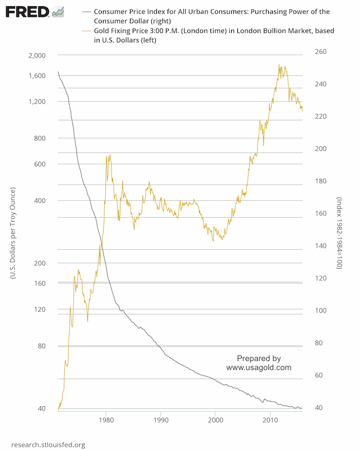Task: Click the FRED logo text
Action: pyautogui.click(x=25, y=12)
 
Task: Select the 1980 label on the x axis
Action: pyautogui.click(x=106, y=420)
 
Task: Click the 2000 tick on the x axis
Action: pyautogui.click(x=215, y=420)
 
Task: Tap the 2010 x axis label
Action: pyautogui.click(x=271, y=420)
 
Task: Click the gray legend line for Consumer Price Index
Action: pyautogui.click(x=85, y=11)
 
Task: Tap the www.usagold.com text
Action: pyautogui.click(x=259, y=367)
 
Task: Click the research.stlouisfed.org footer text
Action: pyautogui.click(x=48, y=445)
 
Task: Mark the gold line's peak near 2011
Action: pyautogui.click(x=280, y=65)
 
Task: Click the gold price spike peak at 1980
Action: pyautogui.click(x=109, y=155)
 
